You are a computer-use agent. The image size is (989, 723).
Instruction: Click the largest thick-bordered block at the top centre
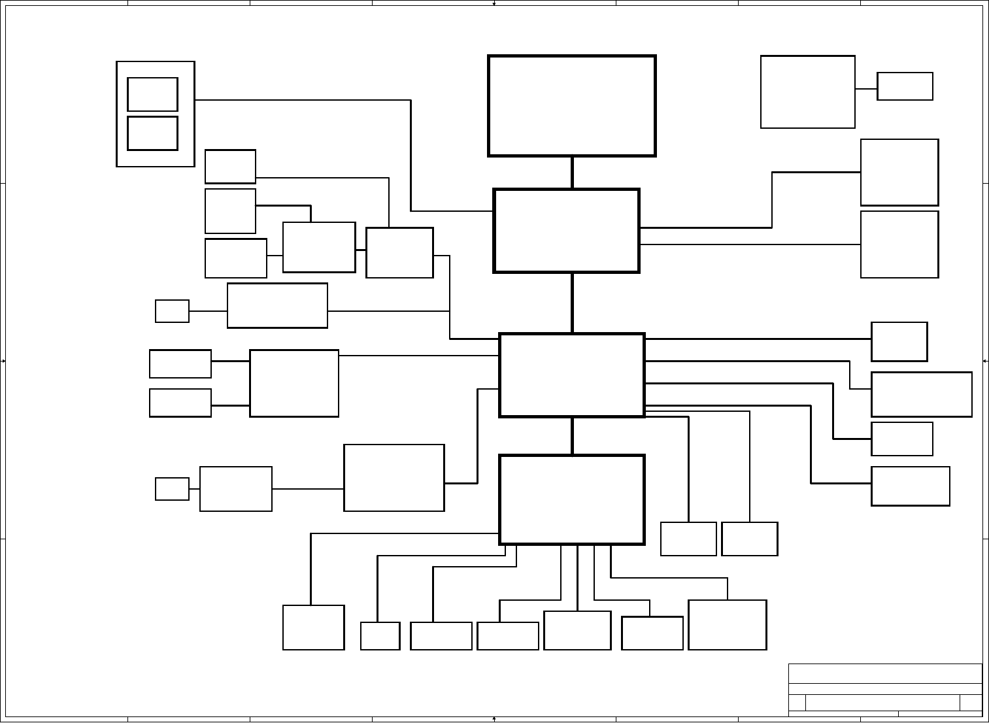[x=572, y=106]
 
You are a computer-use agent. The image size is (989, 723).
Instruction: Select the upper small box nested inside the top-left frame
[x=152, y=94]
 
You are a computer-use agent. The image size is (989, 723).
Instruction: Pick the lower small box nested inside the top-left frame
[x=152, y=133]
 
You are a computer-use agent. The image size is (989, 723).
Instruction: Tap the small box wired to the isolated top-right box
[x=905, y=86]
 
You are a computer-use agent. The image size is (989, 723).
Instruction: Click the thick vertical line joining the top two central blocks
[x=573, y=173]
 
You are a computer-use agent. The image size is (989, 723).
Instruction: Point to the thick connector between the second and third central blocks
[x=573, y=303]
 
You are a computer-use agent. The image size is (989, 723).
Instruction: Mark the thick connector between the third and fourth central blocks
[x=573, y=435]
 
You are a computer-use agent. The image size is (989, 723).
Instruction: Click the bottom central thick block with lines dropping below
[x=572, y=499]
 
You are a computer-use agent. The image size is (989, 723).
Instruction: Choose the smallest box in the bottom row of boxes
[x=380, y=636]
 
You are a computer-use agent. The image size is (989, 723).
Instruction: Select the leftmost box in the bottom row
[x=313, y=628]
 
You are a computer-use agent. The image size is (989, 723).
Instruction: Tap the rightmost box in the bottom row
[x=728, y=625]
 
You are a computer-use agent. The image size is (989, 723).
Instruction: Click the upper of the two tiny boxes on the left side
[x=172, y=311]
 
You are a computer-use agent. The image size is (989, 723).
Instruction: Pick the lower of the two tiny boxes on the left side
[x=172, y=489]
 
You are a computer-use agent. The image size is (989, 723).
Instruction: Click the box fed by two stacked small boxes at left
[x=294, y=383]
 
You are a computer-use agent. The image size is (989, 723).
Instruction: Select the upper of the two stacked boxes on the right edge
[x=899, y=173]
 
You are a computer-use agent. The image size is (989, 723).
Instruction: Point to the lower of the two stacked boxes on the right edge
[x=899, y=244]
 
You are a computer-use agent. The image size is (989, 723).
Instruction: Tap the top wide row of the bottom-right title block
[x=885, y=674]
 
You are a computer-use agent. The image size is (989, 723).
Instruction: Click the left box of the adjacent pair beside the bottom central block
[x=688, y=539]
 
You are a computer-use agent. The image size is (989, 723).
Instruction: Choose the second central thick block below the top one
[x=566, y=231]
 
